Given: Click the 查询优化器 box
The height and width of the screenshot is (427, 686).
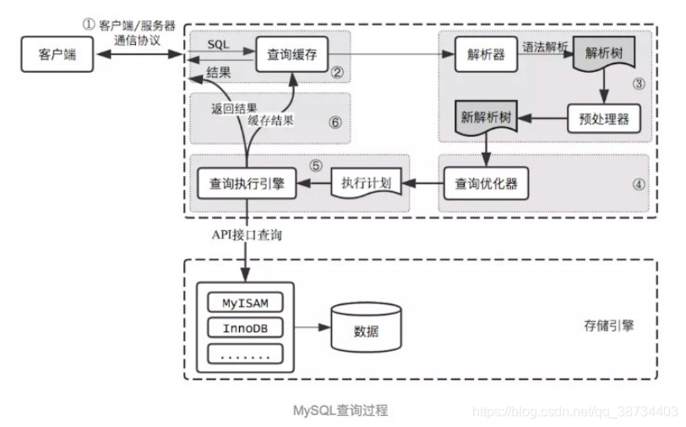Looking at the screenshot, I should coord(486,182).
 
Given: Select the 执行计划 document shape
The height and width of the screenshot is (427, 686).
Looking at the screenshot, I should coord(366,182).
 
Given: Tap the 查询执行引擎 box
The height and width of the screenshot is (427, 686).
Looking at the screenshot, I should coord(246,182).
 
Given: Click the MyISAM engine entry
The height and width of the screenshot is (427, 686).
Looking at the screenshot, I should coord(245,302).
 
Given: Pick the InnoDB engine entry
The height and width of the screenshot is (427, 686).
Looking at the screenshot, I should coord(245,328).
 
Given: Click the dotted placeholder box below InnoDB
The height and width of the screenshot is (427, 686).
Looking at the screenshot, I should coord(245,355).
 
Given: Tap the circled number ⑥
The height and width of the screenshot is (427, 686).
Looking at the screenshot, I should coord(335,122).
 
